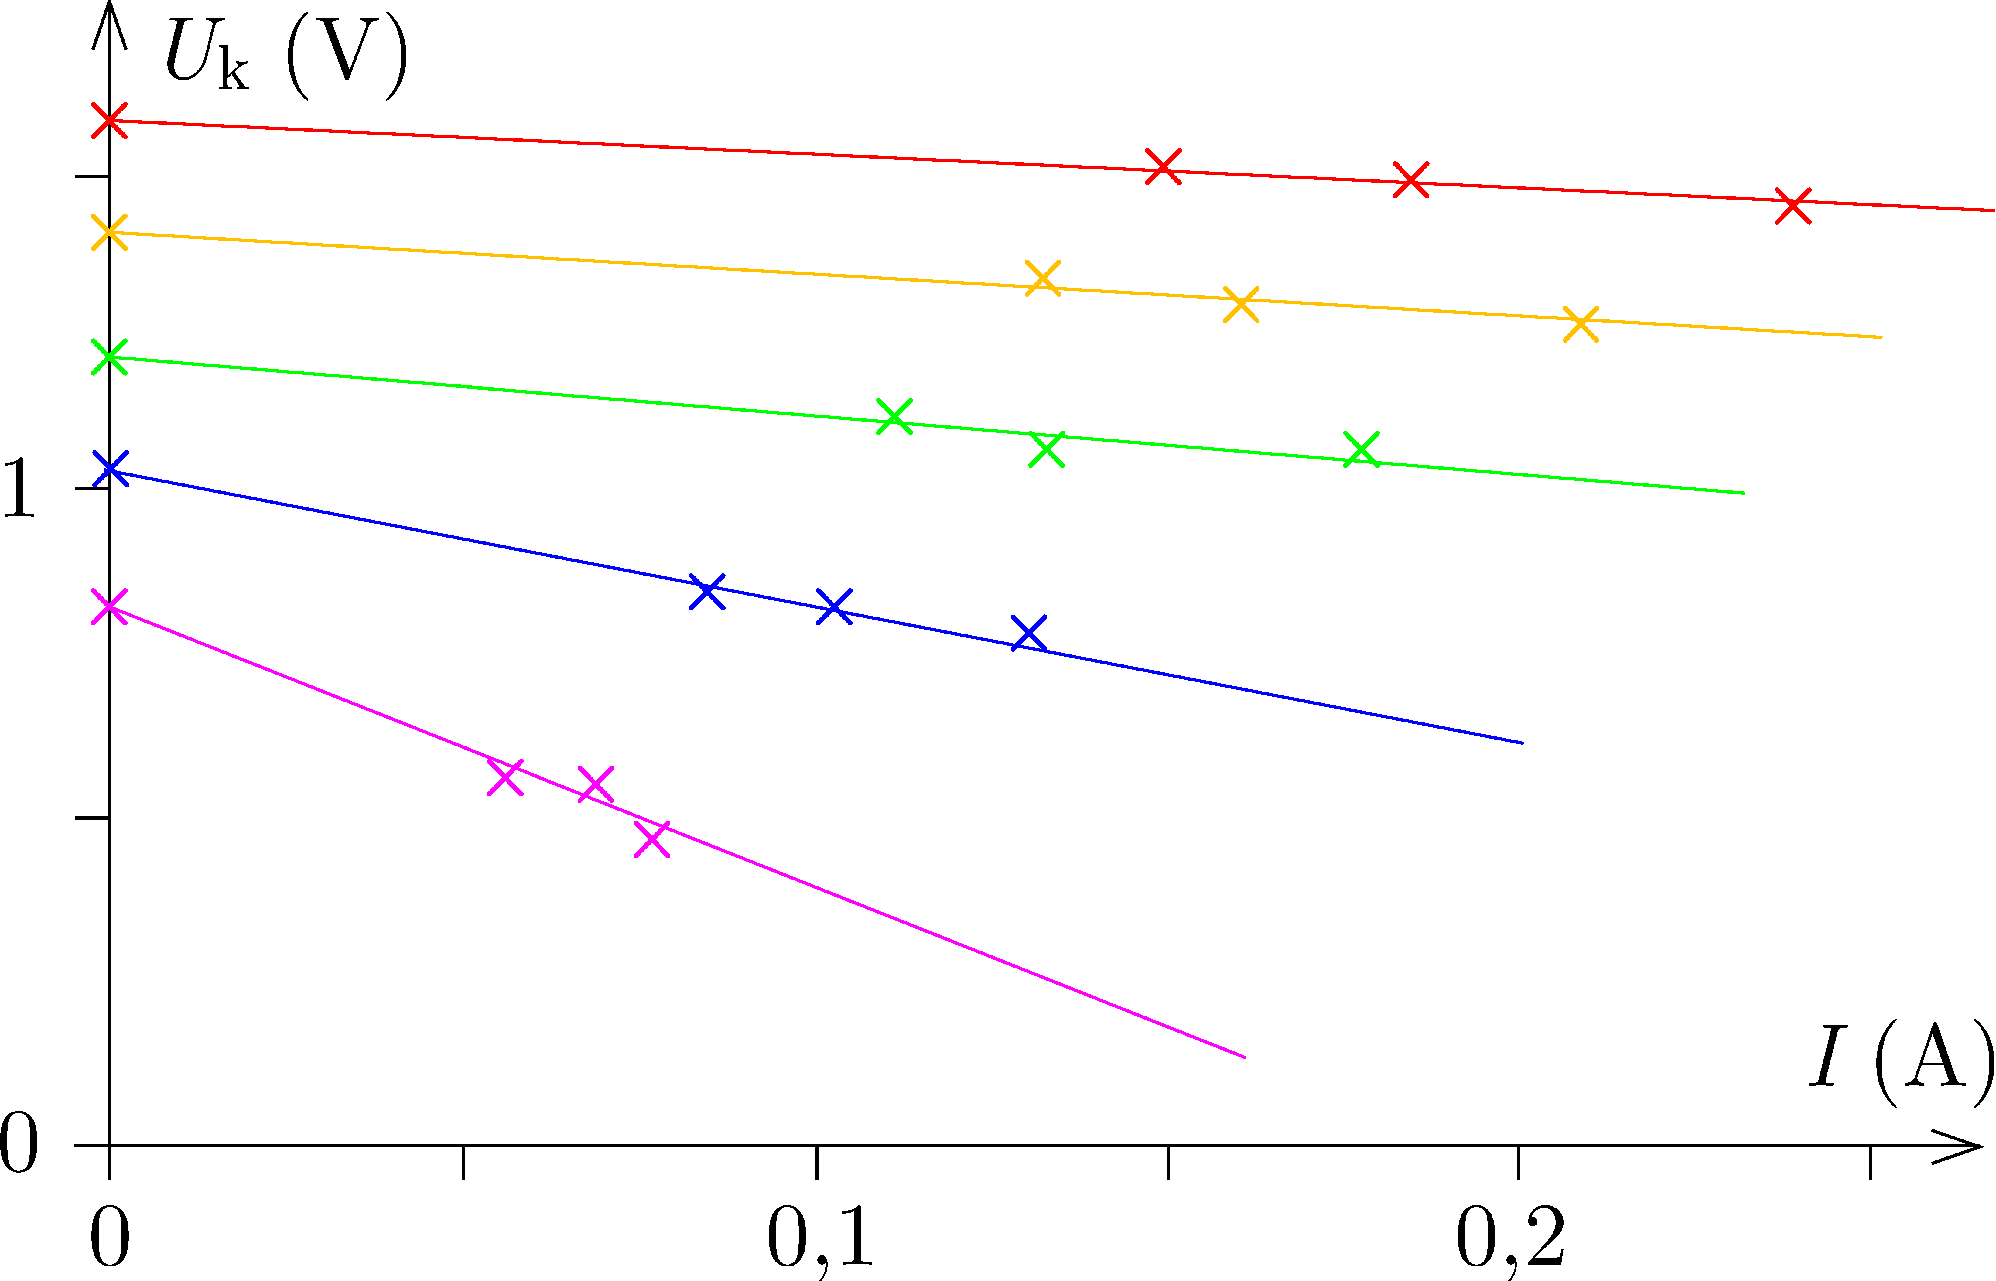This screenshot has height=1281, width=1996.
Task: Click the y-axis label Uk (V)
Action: pos(287,56)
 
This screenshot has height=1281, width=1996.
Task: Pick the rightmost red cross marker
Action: pos(1793,206)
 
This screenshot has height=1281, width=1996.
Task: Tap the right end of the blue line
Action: pos(1522,743)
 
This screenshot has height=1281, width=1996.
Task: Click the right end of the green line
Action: pos(1743,493)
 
